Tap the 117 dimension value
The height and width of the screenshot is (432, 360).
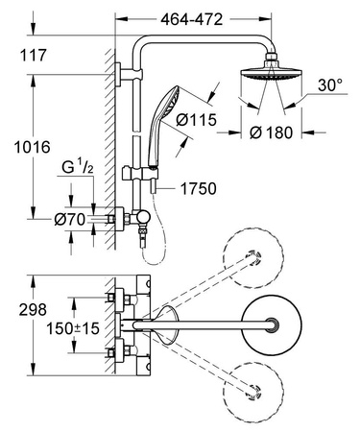tap(34, 57)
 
